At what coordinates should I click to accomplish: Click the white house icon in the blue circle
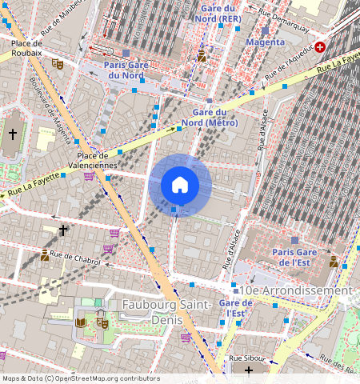pyautogui.click(x=180, y=185)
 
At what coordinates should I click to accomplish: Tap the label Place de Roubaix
pyautogui.click(x=26, y=50)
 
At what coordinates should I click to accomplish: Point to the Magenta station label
pyautogui.click(x=265, y=42)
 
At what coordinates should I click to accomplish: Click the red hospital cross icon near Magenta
pyautogui.click(x=320, y=47)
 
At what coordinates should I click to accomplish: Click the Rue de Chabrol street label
pyautogui.click(x=75, y=258)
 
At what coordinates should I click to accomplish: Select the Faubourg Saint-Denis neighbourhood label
pyautogui.click(x=166, y=312)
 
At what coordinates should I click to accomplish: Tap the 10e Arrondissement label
pyautogui.click(x=295, y=290)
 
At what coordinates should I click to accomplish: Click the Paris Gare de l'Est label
pyautogui.click(x=294, y=256)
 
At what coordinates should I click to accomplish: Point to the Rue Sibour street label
pyautogui.click(x=246, y=358)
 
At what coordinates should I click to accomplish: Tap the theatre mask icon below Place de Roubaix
pyautogui.click(x=57, y=62)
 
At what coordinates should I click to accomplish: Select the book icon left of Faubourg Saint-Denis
pyautogui.click(x=80, y=322)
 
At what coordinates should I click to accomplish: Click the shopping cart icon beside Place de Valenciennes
pyautogui.click(x=89, y=176)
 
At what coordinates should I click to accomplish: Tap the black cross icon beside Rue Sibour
pyautogui.click(x=249, y=370)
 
